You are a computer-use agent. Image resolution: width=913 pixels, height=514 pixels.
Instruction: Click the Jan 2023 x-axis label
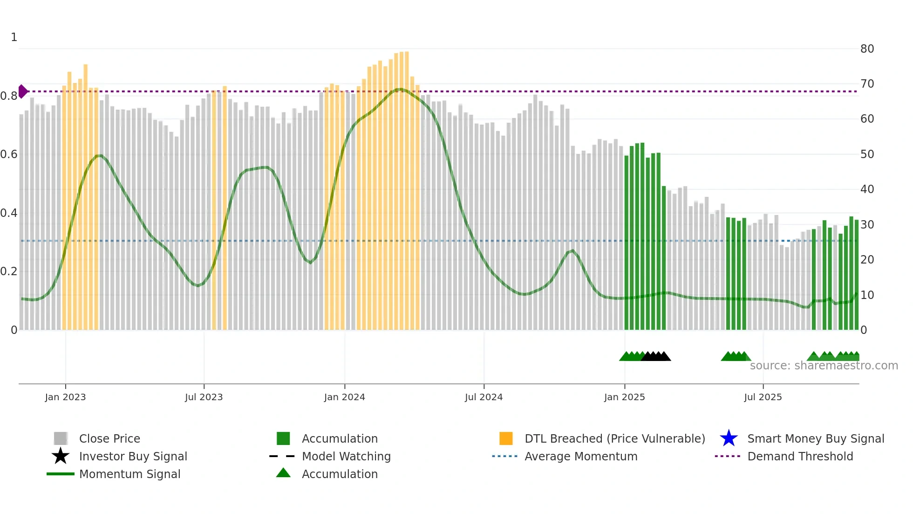coord(65,397)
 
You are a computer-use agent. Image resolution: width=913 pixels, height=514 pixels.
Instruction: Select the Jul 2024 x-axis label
coord(484,397)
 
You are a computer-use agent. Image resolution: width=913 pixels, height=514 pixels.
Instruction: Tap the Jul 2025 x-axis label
coord(763,397)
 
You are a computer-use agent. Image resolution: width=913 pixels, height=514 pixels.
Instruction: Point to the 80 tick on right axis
coord(867,49)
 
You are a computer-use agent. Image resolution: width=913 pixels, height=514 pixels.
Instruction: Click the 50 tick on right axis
coord(867,154)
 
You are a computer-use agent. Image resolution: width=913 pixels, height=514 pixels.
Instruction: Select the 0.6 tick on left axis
coord(9,154)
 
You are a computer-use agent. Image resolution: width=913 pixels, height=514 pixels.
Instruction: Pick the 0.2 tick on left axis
coord(9,271)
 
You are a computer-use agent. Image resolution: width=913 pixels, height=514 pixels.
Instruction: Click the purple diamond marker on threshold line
coord(23,91)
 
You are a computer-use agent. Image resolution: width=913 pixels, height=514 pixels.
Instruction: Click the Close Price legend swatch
coord(61,438)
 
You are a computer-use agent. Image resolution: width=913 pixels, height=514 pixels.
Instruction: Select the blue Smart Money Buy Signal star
coord(729,438)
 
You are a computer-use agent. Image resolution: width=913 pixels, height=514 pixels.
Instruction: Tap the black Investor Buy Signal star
coord(61,456)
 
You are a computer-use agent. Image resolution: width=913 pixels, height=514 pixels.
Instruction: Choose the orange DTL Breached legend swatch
coord(506,438)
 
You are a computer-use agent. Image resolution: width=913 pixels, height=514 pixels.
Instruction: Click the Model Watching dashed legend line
coord(282,456)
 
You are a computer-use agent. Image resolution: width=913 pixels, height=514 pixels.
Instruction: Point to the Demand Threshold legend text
coord(800,456)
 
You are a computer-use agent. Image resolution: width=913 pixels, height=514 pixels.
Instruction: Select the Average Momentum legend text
coord(581,456)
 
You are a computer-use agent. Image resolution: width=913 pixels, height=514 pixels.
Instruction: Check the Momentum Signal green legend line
coord(61,474)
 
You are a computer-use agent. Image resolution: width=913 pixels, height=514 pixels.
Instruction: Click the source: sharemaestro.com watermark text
coord(824,366)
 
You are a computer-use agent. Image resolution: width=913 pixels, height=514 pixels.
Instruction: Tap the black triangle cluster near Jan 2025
coord(656,357)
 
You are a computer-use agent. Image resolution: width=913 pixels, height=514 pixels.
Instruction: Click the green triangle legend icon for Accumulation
coord(283,473)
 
